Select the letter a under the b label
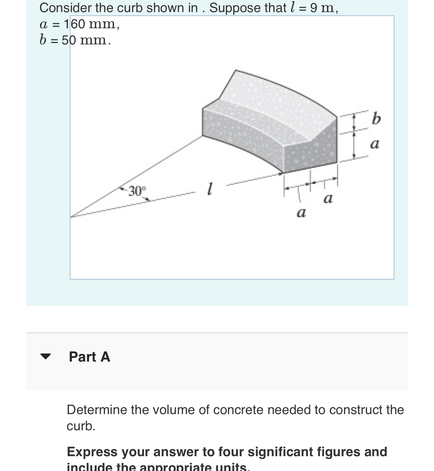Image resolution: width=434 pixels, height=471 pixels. click(374, 144)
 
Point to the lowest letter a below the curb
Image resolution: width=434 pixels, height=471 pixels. click(301, 213)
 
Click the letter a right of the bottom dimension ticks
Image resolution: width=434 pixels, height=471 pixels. click(328, 198)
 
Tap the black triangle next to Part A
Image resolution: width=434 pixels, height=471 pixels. click(45, 357)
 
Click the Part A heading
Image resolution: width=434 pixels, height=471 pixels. click(89, 357)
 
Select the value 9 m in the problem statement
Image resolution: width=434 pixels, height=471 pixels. click(324, 8)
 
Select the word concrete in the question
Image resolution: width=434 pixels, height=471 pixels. click(239, 410)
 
